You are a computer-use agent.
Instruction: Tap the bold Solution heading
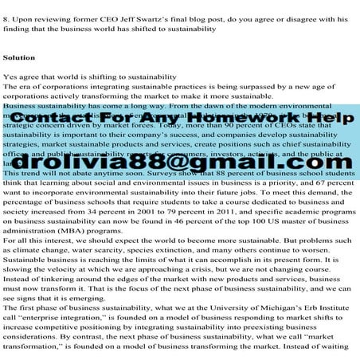pyautogui.click(x=19, y=58)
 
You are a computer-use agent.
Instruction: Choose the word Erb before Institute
pyautogui.click(x=314, y=307)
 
